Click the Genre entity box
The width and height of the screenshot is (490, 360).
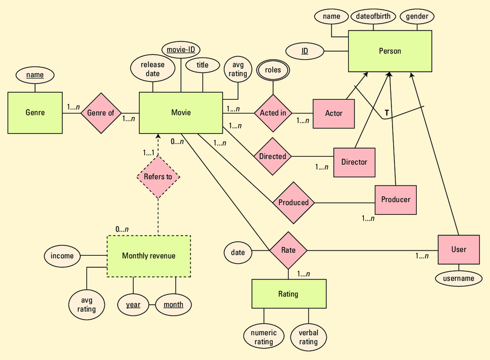click(35, 113)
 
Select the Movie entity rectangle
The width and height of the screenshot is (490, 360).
click(180, 113)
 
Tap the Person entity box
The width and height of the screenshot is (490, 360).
click(390, 51)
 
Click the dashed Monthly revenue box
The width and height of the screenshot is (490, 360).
click(149, 256)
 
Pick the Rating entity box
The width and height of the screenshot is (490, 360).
click(288, 294)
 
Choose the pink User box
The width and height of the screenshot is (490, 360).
click(459, 249)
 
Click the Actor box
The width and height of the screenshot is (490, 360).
click(334, 113)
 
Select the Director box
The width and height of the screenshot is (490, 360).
click(354, 162)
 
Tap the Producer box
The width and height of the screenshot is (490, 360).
click(395, 199)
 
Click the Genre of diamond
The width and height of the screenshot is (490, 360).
click(101, 113)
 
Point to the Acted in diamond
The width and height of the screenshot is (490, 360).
click(273, 113)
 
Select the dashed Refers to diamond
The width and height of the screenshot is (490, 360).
click(158, 177)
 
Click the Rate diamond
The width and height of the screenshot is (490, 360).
click(288, 250)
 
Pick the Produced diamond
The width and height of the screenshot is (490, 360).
click(293, 202)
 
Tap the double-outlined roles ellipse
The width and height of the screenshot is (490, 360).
click(273, 70)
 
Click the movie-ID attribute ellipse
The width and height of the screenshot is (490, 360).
click(181, 50)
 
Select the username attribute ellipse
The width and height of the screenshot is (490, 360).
click(459, 278)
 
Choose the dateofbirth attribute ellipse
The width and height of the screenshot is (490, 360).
click(373, 16)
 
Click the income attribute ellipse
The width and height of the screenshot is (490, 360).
click(62, 256)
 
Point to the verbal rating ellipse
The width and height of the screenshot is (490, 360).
click(308, 337)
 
